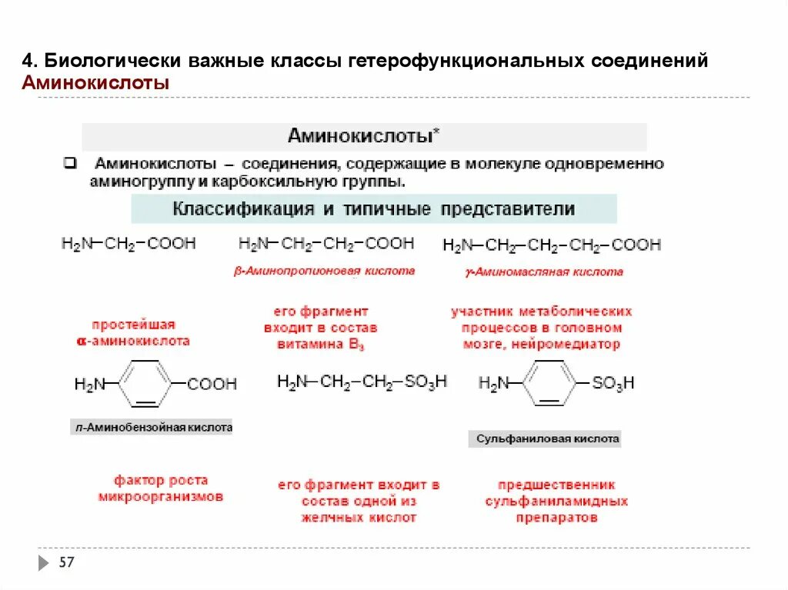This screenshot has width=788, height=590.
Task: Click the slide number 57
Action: coord(67,562)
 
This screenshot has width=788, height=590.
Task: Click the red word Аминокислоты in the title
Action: coord(95,83)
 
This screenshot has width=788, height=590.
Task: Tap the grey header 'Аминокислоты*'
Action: coord(364,137)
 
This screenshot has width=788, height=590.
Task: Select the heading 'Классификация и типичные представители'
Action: coord(374,208)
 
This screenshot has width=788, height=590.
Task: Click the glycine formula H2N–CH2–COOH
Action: coord(129,244)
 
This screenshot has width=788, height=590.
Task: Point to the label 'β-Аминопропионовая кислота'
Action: coord(324,271)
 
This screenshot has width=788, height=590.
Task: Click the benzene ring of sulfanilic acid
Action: coord(550,382)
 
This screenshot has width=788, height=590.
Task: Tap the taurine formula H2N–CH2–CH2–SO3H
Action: coord(362,382)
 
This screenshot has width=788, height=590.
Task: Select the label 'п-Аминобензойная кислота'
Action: coord(151,428)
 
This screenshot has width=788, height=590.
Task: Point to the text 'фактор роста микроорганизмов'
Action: coord(161,489)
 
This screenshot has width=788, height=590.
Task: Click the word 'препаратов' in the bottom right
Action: coord(556,518)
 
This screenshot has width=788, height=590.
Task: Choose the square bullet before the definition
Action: coord(68,164)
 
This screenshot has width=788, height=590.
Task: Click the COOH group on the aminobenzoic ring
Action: coord(212,383)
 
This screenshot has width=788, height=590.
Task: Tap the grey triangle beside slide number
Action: coord(43,562)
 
